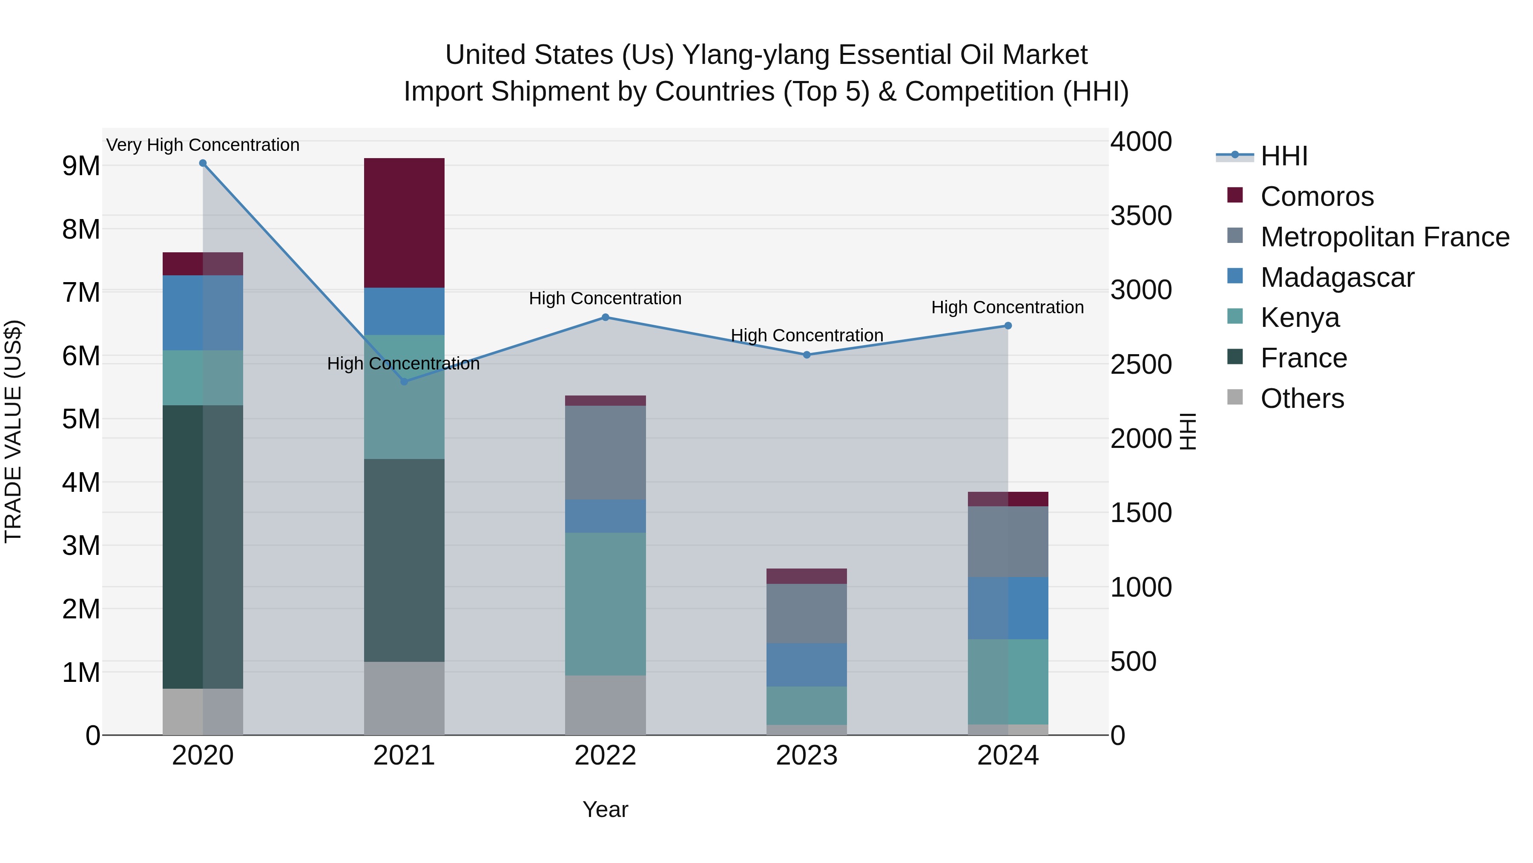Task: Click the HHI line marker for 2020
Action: (x=203, y=163)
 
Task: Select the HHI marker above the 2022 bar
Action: (x=605, y=317)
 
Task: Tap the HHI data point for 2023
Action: (x=807, y=355)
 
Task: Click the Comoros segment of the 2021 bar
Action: (x=404, y=223)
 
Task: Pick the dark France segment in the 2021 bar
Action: (x=404, y=560)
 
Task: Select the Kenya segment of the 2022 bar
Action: (x=605, y=603)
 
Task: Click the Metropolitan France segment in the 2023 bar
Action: (x=807, y=613)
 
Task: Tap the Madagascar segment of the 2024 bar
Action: (x=1008, y=608)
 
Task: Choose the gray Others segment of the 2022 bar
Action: (x=605, y=705)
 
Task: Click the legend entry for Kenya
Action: (x=1300, y=317)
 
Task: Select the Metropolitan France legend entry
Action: (x=1384, y=237)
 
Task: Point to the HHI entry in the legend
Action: (x=1283, y=156)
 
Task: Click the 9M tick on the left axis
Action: (x=81, y=166)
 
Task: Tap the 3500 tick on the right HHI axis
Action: (x=1141, y=216)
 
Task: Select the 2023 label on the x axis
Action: (x=807, y=756)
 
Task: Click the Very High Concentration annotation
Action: (x=203, y=145)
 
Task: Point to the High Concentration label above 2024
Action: (x=1007, y=307)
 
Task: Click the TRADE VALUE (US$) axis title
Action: (x=13, y=431)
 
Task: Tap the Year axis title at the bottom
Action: (x=605, y=809)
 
